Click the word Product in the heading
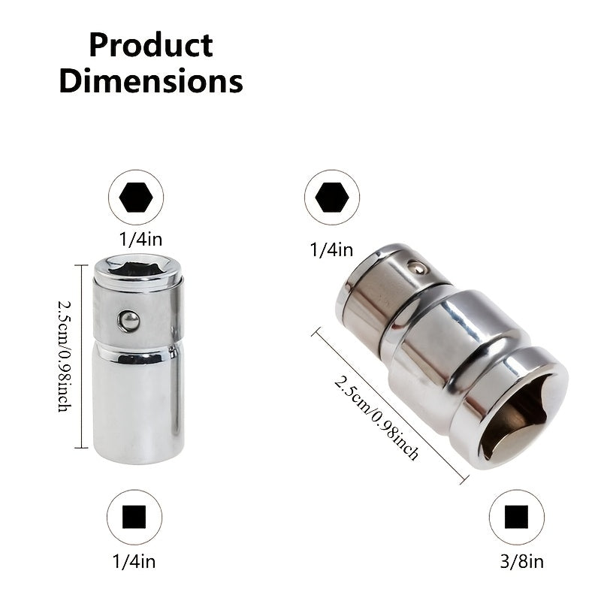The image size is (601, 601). click(151, 46)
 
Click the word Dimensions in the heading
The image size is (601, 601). click(151, 81)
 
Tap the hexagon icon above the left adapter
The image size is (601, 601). click(136, 198)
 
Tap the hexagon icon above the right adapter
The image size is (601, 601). click(332, 198)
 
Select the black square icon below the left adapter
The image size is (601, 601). click(134, 517)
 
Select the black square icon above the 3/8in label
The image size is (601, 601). click(516, 517)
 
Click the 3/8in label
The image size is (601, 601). click(521, 562)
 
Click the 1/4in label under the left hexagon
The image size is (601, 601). click(140, 240)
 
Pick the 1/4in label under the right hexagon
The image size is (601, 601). click(331, 250)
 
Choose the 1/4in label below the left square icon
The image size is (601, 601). click(134, 562)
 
